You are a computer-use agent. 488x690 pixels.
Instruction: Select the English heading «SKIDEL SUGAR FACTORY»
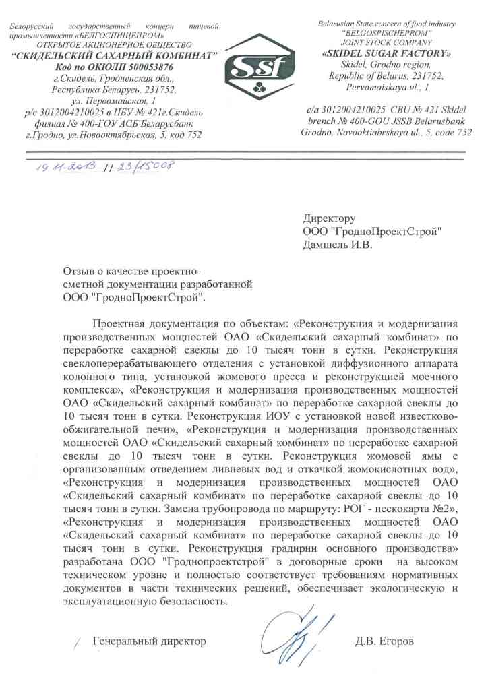[387, 54]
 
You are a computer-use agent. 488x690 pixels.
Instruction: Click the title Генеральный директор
[149, 641]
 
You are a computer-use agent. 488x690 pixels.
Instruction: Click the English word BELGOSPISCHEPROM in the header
[387, 33]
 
